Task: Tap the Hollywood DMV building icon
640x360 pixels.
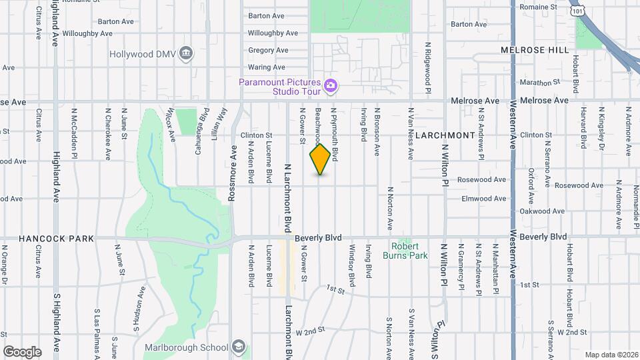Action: pos(187,53)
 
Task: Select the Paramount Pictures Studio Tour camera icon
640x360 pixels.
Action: pos(330,85)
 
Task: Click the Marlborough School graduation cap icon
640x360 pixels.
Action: pos(239,347)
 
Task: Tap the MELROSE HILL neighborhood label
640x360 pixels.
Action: pos(535,50)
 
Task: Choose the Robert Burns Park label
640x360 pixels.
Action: pos(405,250)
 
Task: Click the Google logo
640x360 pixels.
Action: pos(22,351)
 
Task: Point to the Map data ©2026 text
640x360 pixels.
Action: pos(611,355)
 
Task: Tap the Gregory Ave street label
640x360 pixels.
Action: pos(268,50)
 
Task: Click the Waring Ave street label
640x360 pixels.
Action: pos(267,67)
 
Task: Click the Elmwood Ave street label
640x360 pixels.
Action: pos(485,199)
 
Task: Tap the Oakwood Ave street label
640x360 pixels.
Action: pos(541,212)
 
